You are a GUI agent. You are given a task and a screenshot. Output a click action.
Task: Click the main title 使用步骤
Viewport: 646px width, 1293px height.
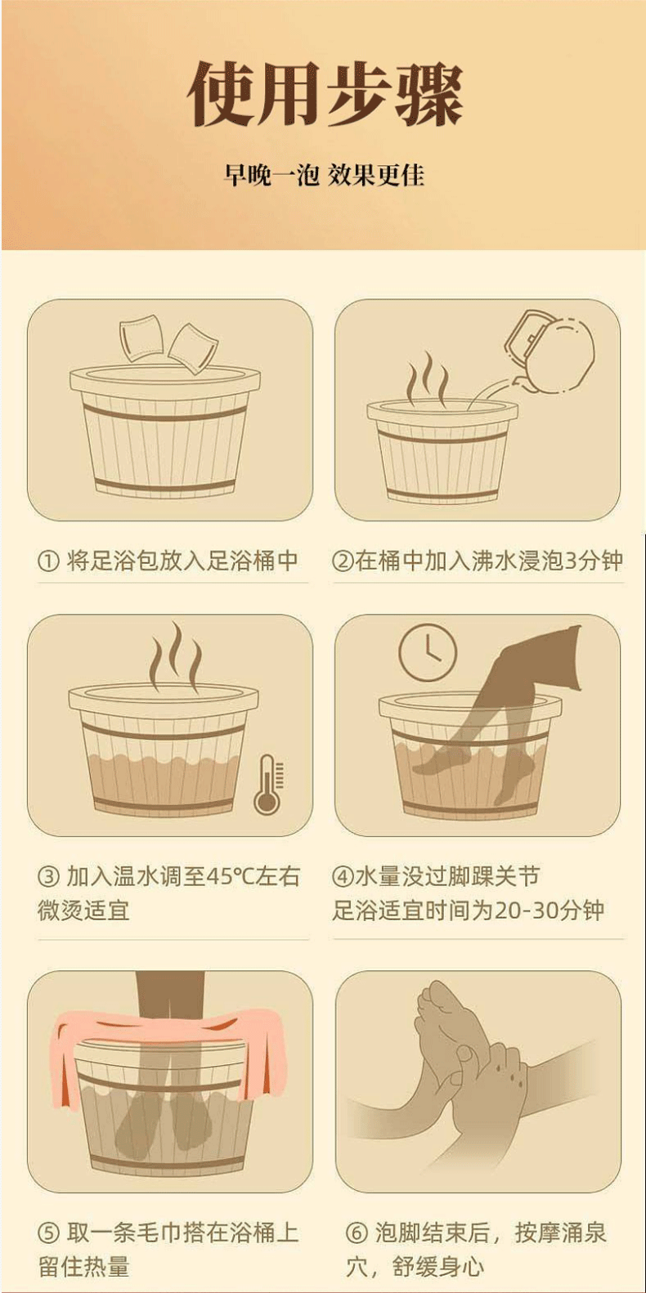coord(325,93)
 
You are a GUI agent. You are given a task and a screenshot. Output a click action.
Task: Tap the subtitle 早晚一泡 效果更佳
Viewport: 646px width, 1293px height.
coord(325,175)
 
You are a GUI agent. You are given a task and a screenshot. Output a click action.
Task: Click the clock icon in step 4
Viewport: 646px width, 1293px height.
coord(427,652)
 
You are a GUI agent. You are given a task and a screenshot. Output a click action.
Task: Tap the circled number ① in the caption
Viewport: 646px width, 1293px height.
coord(48,561)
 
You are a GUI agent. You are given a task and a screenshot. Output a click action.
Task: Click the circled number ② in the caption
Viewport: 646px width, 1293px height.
coord(343,561)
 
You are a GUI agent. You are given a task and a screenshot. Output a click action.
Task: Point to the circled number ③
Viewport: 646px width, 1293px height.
coord(48,877)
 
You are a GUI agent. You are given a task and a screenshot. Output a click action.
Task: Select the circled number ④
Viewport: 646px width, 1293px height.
coord(343,877)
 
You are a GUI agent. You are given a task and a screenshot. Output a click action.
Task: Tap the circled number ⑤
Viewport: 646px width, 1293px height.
coord(48,1233)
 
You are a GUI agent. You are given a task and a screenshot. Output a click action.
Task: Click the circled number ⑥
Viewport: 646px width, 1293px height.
coord(357,1233)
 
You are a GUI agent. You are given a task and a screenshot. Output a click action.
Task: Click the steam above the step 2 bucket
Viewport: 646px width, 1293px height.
coord(427,378)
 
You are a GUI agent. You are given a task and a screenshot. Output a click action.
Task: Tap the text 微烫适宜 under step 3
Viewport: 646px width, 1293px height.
coord(83,910)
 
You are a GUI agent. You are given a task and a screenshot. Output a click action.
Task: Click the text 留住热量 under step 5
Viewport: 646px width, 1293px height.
coord(83,1267)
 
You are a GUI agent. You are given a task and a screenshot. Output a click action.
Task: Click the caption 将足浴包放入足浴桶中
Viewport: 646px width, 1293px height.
coord(182,561)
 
